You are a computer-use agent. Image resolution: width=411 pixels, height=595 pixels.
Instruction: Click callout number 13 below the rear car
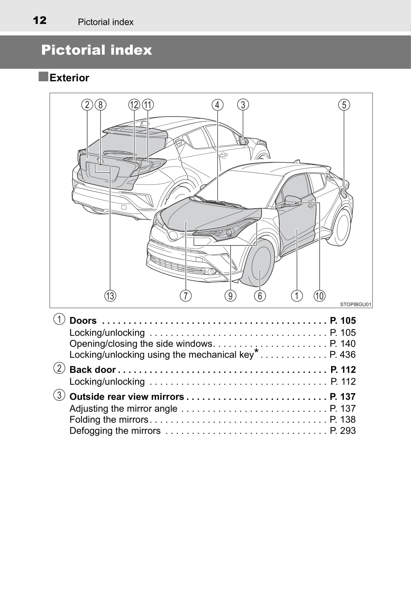(x=110, y=296)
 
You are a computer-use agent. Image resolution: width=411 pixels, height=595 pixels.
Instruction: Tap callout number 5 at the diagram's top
(x=344, y=105)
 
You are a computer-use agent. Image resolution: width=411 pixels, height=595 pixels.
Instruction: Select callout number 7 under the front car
(x=186, y=296)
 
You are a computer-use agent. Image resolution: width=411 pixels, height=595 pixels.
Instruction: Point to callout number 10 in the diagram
(x=319, y=296)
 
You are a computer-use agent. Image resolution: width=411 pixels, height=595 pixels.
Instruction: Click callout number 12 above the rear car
(x=134, y=105)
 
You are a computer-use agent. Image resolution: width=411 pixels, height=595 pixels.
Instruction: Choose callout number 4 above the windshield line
(x=217, y=105)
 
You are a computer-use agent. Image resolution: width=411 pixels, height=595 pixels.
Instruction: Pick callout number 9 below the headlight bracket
(x=230, y=296)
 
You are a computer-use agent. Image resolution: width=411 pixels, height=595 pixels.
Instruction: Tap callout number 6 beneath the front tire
(x=260, y=296)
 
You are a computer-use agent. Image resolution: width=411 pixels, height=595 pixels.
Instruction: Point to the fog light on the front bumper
(x=213, y=271)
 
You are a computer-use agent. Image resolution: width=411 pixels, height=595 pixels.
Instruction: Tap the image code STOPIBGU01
(x=356, y=304)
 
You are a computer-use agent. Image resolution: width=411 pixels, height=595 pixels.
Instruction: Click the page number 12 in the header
(x=40, y=21)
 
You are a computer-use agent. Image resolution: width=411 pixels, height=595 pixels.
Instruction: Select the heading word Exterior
(x=69, y=78)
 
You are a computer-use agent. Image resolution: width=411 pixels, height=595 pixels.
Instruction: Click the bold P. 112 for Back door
(x=343, y=369)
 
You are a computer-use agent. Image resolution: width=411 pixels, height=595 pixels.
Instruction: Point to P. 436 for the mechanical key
(x=343, y=354)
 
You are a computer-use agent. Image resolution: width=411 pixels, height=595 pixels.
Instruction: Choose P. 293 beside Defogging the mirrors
(x=343, y=430)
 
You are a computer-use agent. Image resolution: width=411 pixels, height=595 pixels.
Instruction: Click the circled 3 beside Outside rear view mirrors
(x=59, y=395)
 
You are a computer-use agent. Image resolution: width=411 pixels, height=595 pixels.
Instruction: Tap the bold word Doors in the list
(x=83, y=321)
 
